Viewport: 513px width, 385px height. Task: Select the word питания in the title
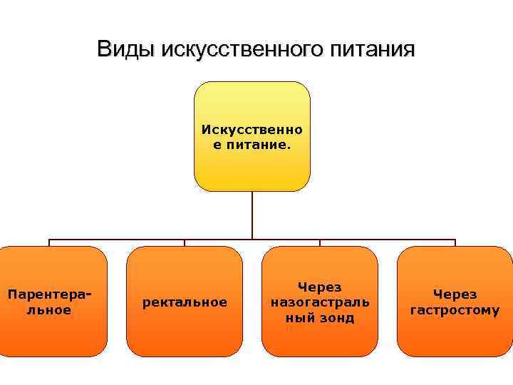(x=372, y=49)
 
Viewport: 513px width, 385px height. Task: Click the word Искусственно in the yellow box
(x=252, y=130)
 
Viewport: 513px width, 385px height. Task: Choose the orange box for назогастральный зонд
(x=320, y=339)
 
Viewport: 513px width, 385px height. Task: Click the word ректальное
(x=185, y=302)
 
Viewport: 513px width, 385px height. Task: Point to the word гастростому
(x=455, y=310)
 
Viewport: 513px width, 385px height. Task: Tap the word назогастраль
(x=320, y=302)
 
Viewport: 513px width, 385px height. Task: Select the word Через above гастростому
(x=455, y=294)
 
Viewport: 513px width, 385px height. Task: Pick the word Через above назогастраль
(x=320, y=287)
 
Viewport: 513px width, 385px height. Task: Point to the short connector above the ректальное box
(x=185, y=243)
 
